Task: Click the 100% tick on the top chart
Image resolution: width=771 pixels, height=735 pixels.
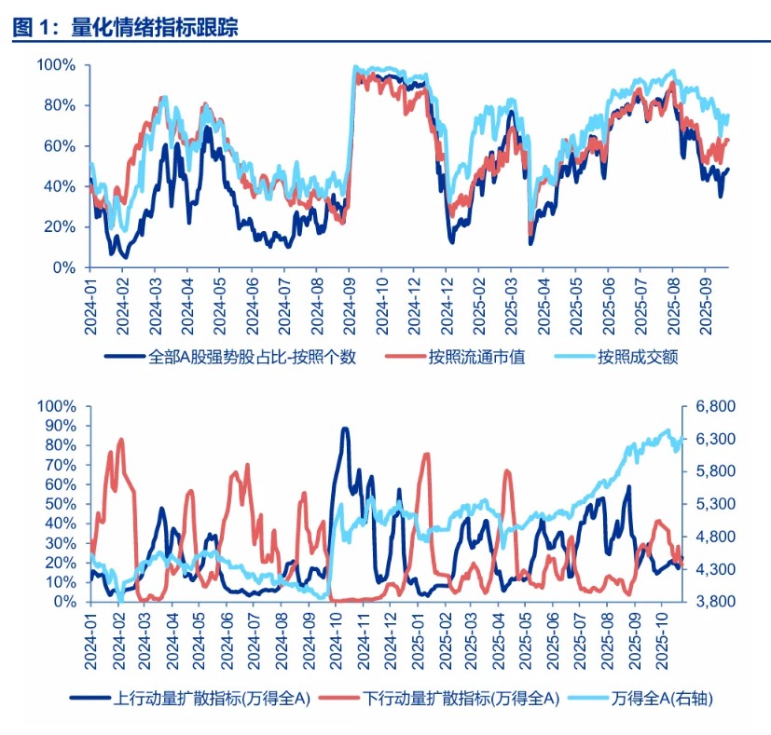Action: click(x=56, y=65)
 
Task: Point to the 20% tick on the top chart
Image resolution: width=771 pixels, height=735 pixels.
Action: click(x=60, y=227)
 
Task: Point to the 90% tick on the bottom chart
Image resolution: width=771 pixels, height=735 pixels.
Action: click(x=60, y=426)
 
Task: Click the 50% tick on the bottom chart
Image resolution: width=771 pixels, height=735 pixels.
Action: click(x=60, y=504)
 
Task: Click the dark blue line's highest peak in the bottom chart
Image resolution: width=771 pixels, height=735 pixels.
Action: click(x=345, y=429)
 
